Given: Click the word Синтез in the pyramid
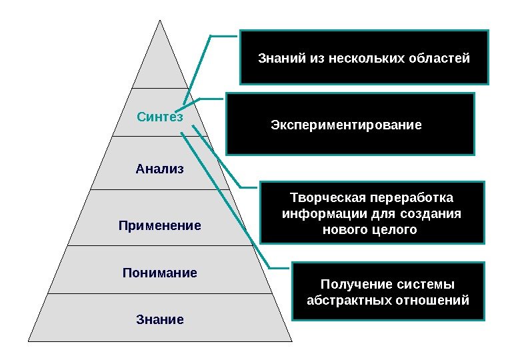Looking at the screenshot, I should [159, 117].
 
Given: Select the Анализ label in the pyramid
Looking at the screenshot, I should [159, 169].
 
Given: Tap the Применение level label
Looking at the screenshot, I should [160, 226].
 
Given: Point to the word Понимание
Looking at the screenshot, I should [160, 273].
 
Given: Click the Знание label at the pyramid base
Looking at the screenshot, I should [160, 320].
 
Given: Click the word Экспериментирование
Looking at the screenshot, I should [346, 125].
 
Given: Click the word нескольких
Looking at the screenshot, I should [366, 59].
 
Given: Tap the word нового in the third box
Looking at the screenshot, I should [341, 231].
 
